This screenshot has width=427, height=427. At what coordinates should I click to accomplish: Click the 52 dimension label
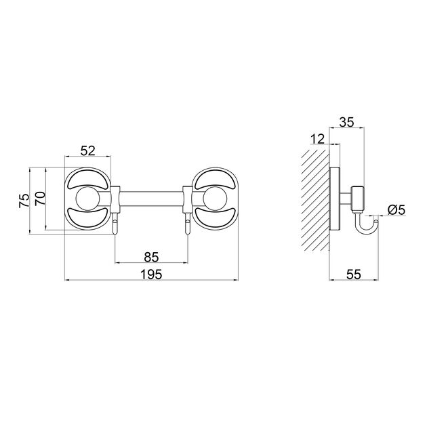coord(88,150)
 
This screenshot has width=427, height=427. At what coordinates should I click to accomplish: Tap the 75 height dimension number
coord(24,201)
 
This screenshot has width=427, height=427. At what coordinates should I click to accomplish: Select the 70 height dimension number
coord(40,198)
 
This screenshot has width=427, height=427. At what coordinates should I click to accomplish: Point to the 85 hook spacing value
coord(151,257)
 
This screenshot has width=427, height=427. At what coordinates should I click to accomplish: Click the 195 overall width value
coord(151,274)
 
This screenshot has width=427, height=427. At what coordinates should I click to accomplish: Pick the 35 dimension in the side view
coord(346,122)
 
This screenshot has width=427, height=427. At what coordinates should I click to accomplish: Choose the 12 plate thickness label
coord(317,139)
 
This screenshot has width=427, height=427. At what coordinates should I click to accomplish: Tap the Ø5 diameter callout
coord(396,210)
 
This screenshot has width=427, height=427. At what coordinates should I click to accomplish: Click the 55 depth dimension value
coord(354,274)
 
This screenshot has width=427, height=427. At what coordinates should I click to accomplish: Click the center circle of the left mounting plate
coord(87,199)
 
